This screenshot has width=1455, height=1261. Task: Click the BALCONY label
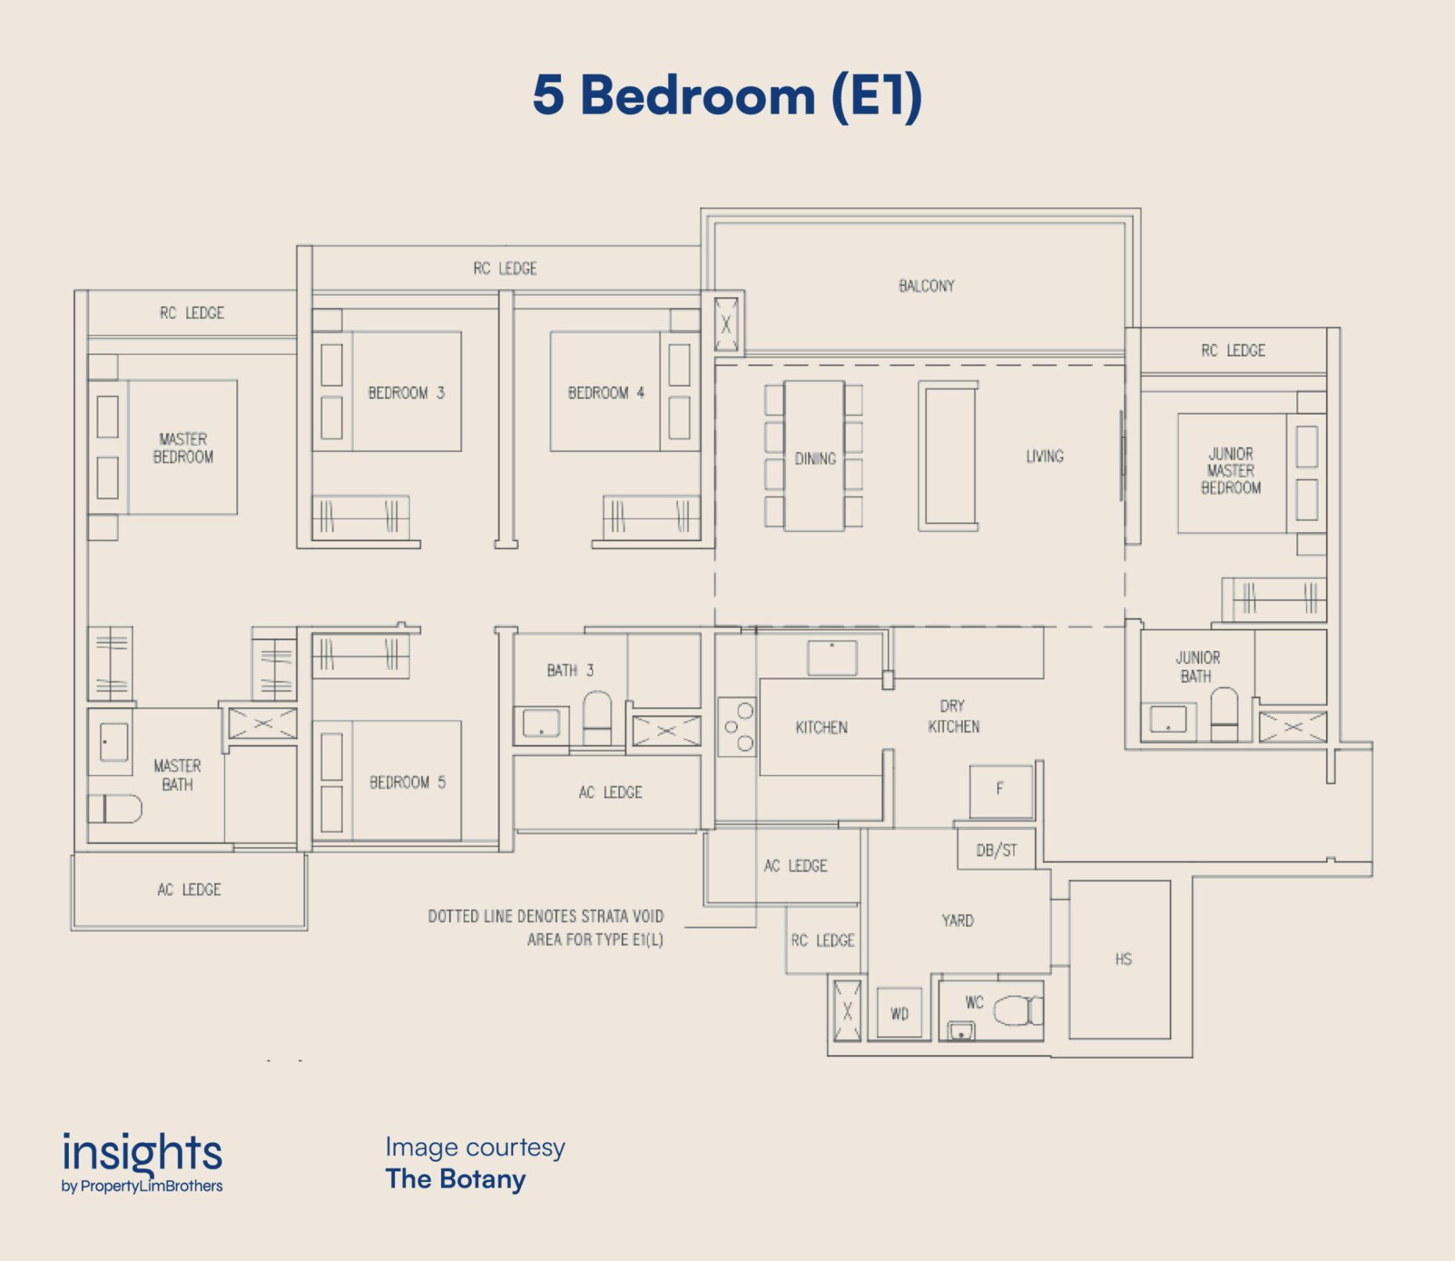click(926, 286)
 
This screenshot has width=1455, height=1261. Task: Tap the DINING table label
click(815, 459)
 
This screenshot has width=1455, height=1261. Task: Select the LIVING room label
click(1044, 456)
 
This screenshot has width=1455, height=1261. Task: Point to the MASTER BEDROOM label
click(183, 448)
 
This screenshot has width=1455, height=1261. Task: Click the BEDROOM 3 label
click(406, 393)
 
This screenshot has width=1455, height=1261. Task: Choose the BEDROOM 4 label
click(606, 393)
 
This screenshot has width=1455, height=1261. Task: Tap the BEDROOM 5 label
click(408, 782)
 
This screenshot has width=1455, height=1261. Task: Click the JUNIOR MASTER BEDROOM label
click(1230, 471)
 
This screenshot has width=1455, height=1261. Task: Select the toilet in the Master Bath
click(114, 809)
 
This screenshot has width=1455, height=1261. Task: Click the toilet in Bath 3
click(597, 717)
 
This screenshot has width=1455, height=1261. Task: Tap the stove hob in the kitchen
click(737, 727)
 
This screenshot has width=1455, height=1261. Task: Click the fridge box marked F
click(1001, 791)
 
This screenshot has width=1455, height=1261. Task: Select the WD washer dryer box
click(899, 1013)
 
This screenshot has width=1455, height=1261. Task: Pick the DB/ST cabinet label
click(997, 850)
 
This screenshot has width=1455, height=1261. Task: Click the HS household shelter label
click(1123, 959)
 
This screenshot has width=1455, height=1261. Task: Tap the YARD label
click(957, 921)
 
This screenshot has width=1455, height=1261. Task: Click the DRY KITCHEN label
click(954, 717)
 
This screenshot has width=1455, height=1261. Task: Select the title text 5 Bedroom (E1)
click(727, 95)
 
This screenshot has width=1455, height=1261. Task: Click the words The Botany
click(455, 1179)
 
